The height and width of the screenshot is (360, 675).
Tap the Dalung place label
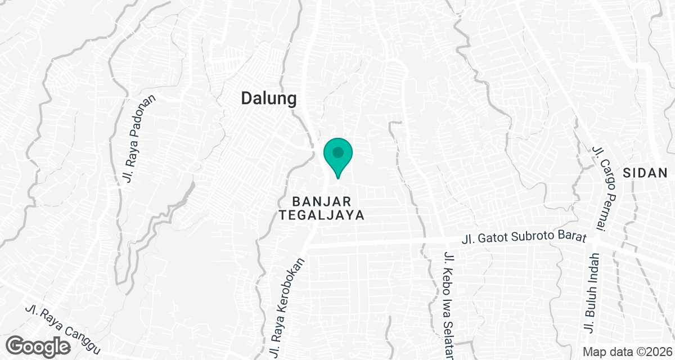coord(268,98)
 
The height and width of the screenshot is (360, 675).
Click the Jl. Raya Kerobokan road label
coord(287,308)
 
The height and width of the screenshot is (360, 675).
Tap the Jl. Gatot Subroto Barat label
coord(523,238)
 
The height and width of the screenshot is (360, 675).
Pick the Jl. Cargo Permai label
coord(605,188)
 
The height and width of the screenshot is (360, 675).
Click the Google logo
coord(39,345)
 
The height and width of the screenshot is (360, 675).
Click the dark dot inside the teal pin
coord(337,152)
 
